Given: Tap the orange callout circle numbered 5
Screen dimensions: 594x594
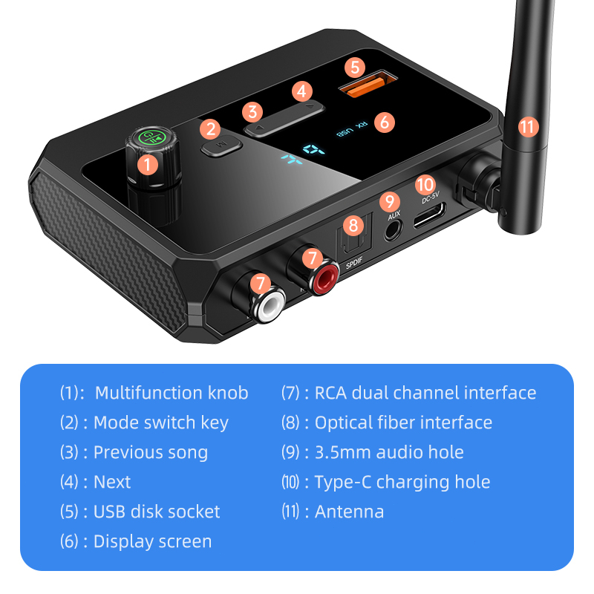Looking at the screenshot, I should coord(355,67).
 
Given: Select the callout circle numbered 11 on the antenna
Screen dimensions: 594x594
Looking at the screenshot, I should coord(526,126).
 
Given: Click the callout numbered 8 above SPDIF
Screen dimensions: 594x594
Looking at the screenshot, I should coord(353,225).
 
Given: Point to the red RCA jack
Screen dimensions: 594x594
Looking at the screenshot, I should coord(316,278).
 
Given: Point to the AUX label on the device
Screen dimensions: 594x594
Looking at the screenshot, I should coord(394,216).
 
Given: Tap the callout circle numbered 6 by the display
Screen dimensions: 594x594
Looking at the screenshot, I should coord(383,122).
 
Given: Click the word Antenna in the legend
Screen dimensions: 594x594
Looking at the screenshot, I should coord(349,512).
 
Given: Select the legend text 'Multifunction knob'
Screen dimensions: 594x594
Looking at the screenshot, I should coord(172,393).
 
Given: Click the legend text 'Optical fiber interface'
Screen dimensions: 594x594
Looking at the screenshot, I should coord(403,422).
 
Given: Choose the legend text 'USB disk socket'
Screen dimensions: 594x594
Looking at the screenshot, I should coord(157,512).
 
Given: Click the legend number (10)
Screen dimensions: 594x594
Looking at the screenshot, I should coord(292,482).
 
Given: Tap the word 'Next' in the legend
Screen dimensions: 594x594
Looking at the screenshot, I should coord(112,482).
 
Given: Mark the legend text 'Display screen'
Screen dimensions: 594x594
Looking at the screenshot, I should coord(152,541).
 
